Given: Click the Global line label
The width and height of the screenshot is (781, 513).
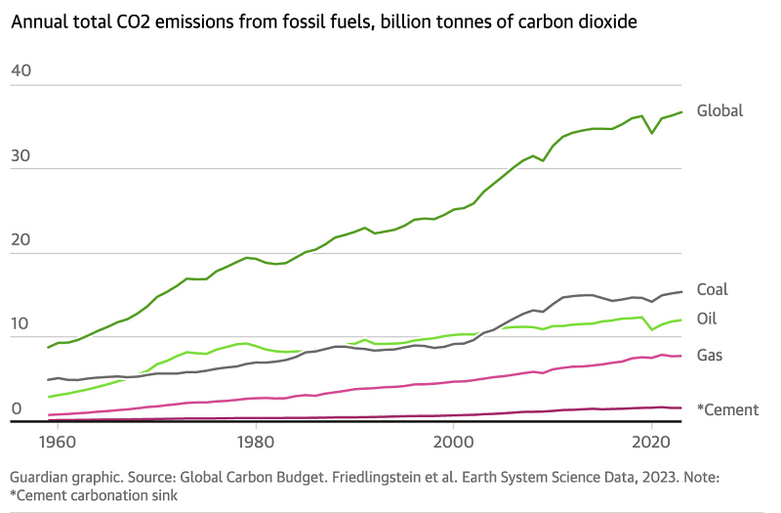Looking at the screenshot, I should pos(719,110).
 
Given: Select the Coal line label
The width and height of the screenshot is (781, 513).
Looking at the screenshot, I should pos(712,289).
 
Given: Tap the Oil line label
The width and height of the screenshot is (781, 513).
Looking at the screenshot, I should pos(707,319).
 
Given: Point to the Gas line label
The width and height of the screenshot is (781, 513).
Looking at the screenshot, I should pos(710,354).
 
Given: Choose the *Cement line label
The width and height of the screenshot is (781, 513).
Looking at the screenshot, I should pos(727,409).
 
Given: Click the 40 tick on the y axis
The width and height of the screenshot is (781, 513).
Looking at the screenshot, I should pos(22,70).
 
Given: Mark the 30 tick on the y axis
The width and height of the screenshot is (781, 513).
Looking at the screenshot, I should pos(22,155).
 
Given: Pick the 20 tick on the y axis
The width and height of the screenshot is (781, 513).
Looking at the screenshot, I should pos(22,239).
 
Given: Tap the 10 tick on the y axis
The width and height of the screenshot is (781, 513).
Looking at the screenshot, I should pos(22,324).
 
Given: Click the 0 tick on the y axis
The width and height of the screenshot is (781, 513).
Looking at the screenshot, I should pos(17,408).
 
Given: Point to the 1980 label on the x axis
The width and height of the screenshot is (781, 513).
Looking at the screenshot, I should pos(256,442).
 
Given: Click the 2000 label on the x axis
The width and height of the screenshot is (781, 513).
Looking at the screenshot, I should pos(454,442).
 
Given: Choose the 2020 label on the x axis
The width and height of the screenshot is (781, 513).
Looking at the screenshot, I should pos(651,442).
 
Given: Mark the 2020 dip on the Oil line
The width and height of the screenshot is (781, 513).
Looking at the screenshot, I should pos(651,329).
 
